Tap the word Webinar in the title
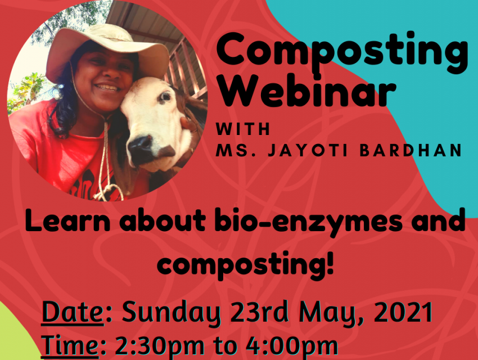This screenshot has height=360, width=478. [x=306, y=91]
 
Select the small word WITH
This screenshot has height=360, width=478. [x=243, y=129]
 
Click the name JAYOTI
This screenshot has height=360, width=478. [x=308, y=150]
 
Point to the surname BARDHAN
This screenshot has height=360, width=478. [x=411, y=150]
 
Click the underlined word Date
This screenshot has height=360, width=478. [x=73, y=311]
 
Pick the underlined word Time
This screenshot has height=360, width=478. [x=70, y=345]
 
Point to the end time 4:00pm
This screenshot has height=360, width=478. [x=292, y=346]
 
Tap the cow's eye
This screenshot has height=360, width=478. [x=165, y=97]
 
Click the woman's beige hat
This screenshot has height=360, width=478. [x=107, y=49]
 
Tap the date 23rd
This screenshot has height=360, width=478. [x=259, y=312]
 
